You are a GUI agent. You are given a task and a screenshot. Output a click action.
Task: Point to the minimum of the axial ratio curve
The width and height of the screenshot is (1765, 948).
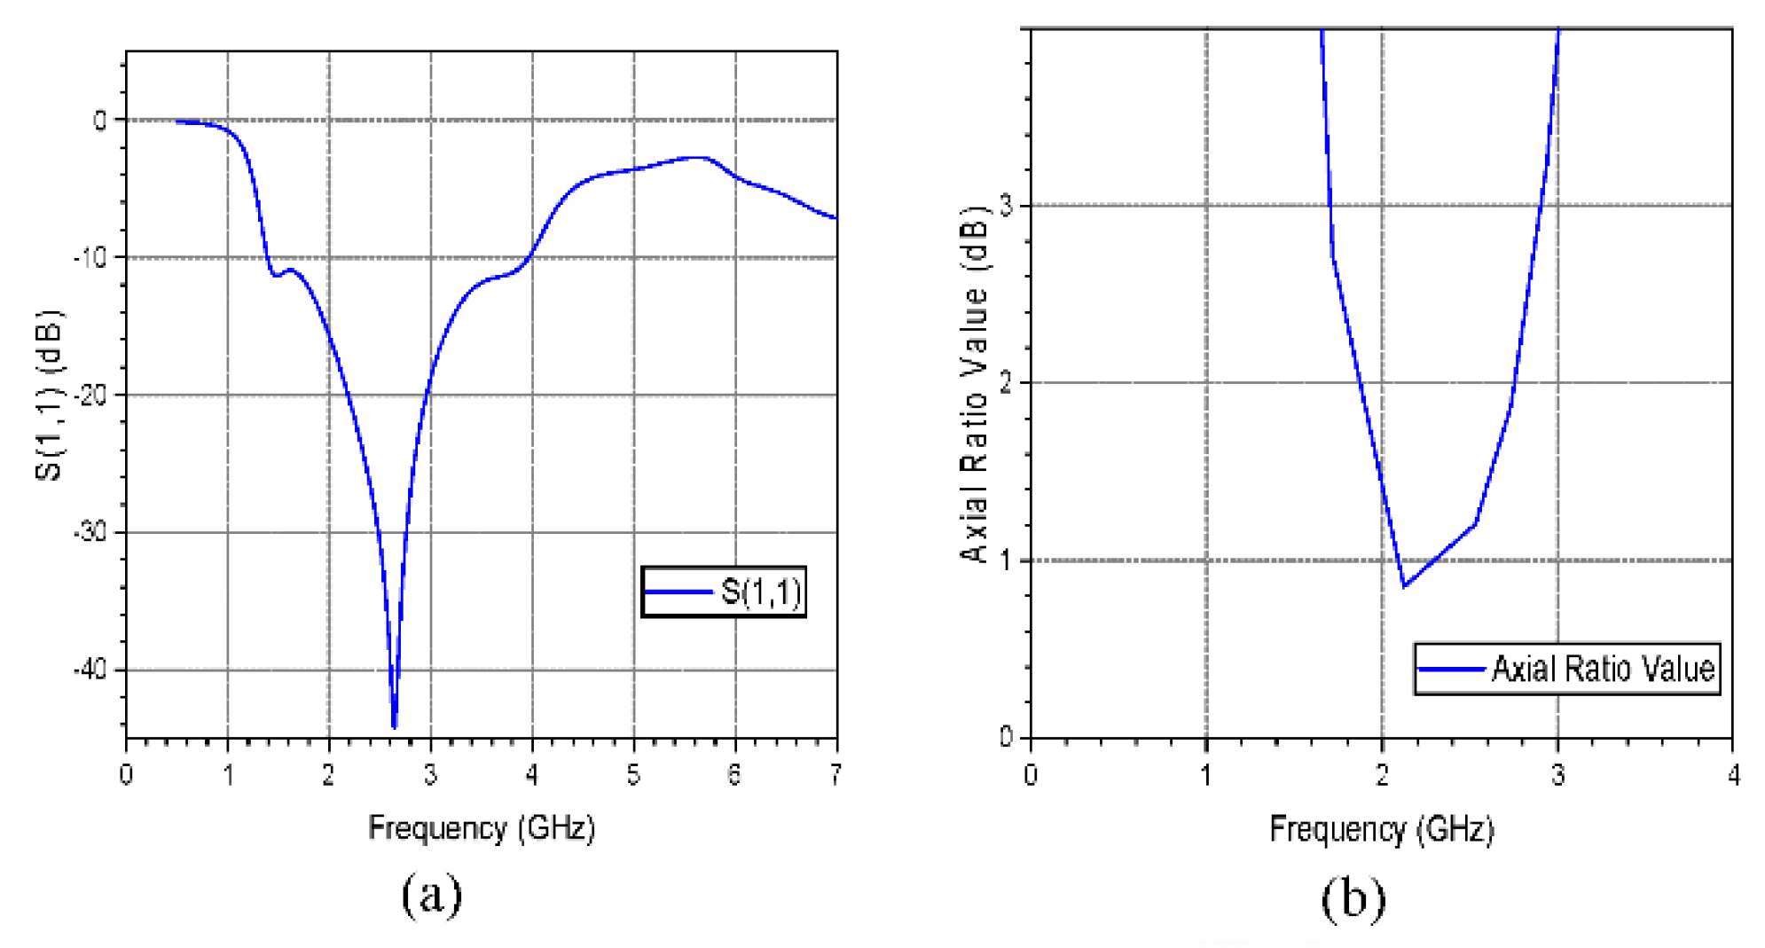[x=1404, y=586]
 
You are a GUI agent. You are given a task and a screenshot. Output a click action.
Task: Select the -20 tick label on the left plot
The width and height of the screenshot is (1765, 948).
[x=90, y=395]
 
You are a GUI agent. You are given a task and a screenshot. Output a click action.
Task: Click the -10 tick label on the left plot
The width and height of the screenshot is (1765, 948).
[x=90, y=257]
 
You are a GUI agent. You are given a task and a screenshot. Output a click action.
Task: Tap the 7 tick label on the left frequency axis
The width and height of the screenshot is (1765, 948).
[x=835, y=775]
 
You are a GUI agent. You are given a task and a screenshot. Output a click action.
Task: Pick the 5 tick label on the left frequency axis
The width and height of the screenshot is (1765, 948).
[x=633, y=775]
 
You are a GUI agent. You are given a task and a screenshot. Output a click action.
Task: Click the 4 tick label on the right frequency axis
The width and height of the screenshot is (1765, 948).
[x=1733, y=775]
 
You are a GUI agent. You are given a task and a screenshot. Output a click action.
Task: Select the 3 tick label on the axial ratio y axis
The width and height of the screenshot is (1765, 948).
[x=1006, y=206]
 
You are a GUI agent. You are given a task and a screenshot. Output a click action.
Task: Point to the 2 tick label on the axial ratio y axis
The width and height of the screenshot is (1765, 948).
[x=1006, y=383]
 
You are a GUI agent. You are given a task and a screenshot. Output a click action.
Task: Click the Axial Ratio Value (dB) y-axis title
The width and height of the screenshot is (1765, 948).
[x=975, y=383]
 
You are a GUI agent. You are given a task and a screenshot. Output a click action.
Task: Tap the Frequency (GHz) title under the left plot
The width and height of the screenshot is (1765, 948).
[x=482, y=828]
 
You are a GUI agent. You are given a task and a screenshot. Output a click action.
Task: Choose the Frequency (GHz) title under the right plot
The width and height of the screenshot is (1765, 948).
[x=1381, y=829]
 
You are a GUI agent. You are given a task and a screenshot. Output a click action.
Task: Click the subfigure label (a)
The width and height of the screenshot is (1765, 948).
[x=432, y=896]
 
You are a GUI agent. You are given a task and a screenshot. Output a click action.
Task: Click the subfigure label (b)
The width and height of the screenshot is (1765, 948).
[x=1353, y=899]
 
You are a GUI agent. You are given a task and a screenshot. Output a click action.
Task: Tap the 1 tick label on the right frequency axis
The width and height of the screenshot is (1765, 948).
[x=1206, y=775]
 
